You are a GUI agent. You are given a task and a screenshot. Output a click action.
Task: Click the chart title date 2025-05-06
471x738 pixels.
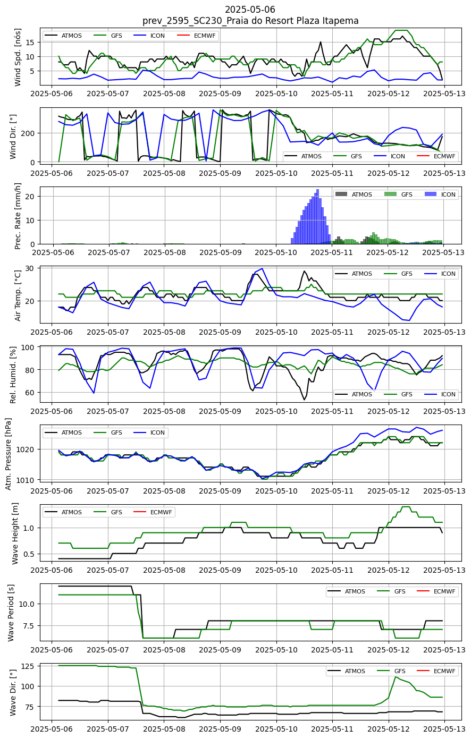pyautogui.click(x=250, y=9)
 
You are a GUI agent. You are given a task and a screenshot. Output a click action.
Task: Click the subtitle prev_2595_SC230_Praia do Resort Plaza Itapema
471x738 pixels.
pyautogui.click(x=250, y=21)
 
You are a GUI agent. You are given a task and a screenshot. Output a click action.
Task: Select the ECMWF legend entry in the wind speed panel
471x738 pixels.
pyautogui.click(x=197, y=36)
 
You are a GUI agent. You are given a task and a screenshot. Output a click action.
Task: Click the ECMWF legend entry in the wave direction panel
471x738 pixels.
pyautogui.click(x=437, y=671)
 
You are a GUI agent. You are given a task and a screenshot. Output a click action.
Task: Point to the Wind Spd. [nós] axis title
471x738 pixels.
pyautogui.click(x=18, y=57)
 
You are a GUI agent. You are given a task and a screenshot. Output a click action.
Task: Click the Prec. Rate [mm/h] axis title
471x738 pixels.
pyautogui.click(x=18, y=216)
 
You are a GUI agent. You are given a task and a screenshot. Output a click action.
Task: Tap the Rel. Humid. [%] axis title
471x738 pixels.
pyautogui.click(x=13, y=375)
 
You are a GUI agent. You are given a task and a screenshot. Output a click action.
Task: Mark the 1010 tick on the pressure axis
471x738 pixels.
pyautogui.click(x=28, y=480)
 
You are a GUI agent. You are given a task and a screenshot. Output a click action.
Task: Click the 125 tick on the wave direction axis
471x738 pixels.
pyautogui.click(x=30, y=666)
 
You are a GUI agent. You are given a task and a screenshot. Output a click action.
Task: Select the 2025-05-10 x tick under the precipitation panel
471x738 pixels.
pyautogui.click(x=276, y=252)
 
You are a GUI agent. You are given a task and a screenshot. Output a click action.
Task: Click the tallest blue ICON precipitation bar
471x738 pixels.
pyautogui.click(x=318, y=216)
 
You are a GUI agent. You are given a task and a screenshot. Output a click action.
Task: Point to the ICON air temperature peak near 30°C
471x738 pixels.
pyautogui.click(x=263, y=268)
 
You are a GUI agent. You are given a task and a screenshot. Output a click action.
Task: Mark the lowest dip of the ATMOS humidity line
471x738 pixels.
pyautogui.click(x=304, y=400)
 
